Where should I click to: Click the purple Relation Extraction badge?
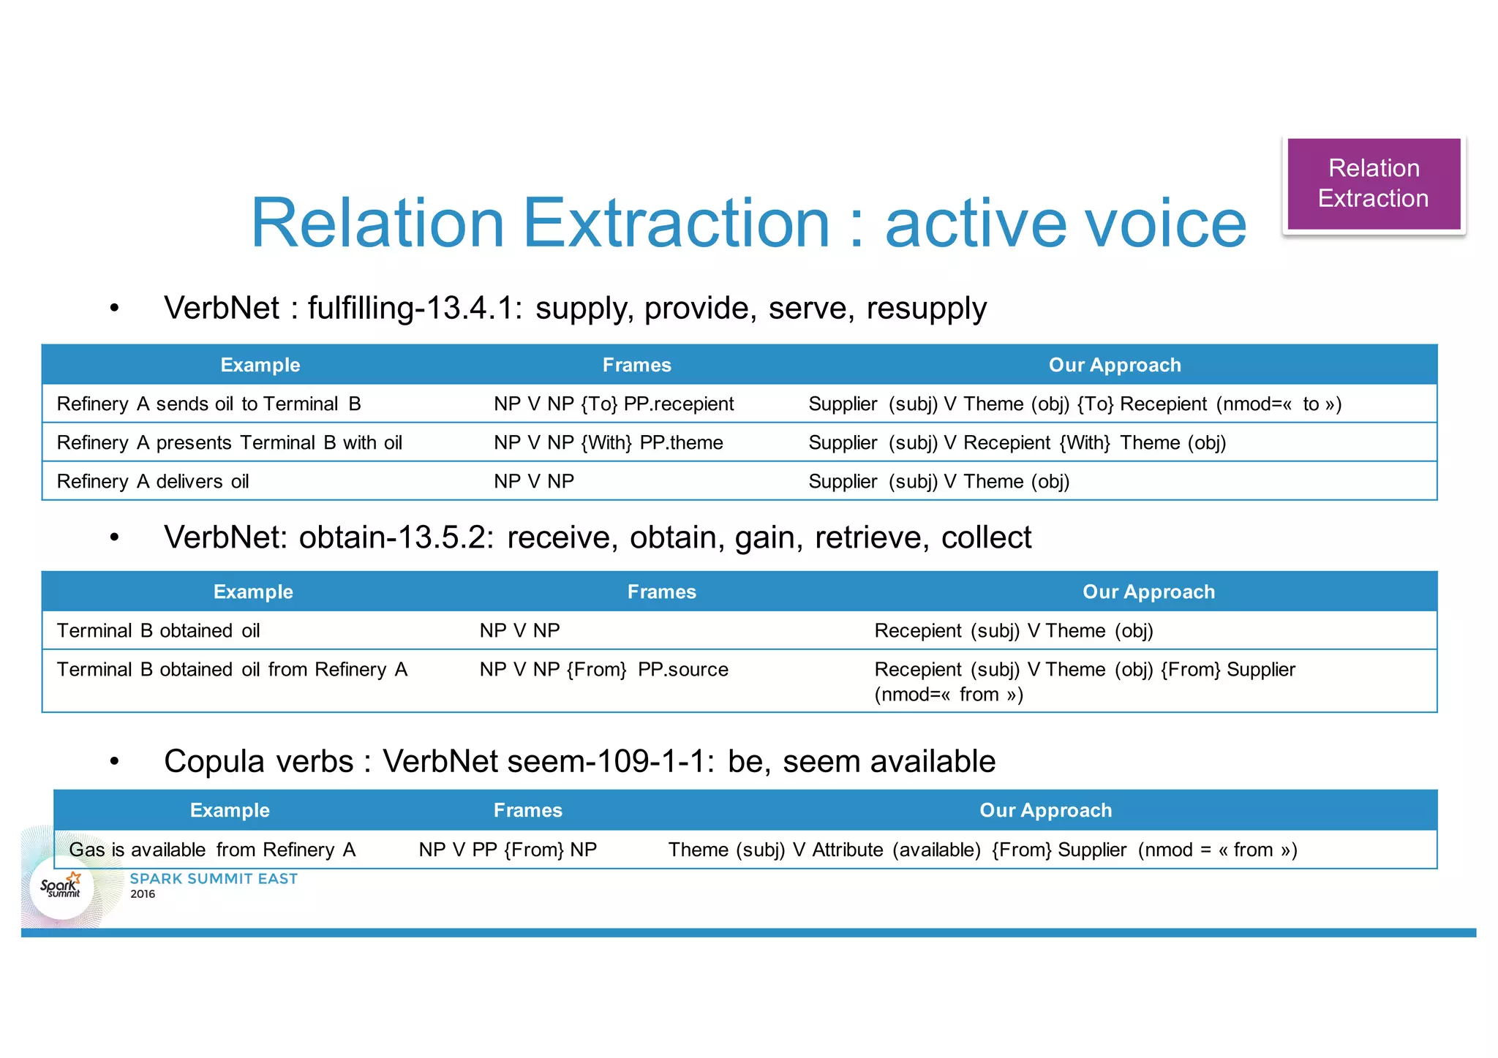click(1373, 184)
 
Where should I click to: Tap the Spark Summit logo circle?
click(61, 888)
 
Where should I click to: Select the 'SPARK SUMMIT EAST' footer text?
click(214, 879)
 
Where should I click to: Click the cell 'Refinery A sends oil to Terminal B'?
click(209, 404)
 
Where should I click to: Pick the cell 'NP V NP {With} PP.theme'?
click(608, 443)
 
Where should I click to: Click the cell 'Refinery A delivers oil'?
click(153, 482)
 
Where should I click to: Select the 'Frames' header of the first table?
click(636, 365)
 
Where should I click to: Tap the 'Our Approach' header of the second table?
click(1148, 592)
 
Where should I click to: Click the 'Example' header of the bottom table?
click(230, 810)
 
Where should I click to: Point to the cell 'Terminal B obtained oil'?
click(159, 631)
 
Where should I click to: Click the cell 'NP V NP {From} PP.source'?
click(603, 670)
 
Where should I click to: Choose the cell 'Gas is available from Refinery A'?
click(212, 850)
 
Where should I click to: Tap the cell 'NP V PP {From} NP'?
click(508, 850)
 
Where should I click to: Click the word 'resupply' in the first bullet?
click(926, 309)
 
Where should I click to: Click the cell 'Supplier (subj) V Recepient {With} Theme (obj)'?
click(1017, 443)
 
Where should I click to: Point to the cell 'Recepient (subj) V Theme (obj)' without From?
click(1013, 631)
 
